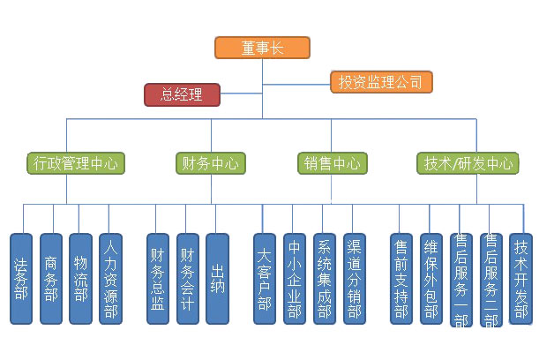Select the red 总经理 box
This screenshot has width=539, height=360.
click(x=183, y=94)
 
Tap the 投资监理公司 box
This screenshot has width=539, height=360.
click(x=381, y=82)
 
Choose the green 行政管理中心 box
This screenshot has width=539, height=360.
click(x=76, y=163)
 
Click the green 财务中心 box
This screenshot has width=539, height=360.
click(x=209, y=163)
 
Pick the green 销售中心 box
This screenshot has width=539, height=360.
click(x=333, y=163)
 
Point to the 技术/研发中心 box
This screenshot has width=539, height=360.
click(x=467, y=163)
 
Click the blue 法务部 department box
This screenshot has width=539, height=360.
click(x=22, y=279)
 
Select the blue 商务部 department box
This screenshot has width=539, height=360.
click(x=51, y=279)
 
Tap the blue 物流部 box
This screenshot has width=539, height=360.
click(x=80, y=279)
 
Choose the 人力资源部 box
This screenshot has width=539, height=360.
click(x=110, y=279)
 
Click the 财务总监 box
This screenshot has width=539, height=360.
click(x=158, y=279)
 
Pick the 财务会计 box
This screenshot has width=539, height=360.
click(x=187, y=279)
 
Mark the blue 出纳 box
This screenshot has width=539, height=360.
click(x=217, y=279)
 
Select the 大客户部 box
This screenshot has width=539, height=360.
click(x=265, y=279)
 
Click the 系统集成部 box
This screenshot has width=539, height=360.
click(x=324, y=279)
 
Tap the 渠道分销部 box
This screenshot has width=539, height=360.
click(x=354, y=279)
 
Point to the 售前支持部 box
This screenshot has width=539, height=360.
click(x=401, y=279)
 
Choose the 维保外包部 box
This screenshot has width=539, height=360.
click(x=430, y=279)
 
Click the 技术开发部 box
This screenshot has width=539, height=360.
click(x=521, y=279)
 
